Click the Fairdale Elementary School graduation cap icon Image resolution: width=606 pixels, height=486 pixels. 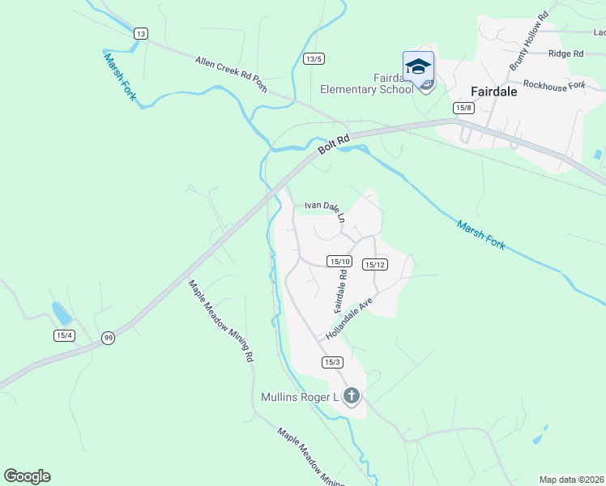coord(418,66)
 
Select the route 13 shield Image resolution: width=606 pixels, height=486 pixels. coord(142,33)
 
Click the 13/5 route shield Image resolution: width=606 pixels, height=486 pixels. coord(314,59)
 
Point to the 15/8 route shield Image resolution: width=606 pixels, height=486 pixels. coord(463,108)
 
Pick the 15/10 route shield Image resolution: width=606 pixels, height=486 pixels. coord(339,261)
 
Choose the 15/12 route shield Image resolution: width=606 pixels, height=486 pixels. coord(374,265)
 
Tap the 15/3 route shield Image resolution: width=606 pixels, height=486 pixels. coord(331,362)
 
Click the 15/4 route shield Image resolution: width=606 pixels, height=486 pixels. coord(64,335)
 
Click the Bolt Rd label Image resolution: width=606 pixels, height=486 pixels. coord(334,146)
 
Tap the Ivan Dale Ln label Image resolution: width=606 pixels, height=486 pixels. coord(325,211)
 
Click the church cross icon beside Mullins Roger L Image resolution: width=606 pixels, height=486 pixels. coord(351,396)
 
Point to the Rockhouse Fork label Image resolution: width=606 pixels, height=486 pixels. coord(554,84)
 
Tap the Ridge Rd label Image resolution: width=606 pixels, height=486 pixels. coord(565,53)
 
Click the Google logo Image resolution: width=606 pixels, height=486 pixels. coord(27,476)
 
